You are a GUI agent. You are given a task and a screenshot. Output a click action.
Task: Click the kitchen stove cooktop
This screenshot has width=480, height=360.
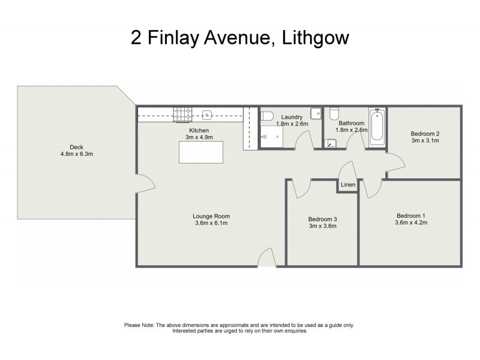(x=181, y=113)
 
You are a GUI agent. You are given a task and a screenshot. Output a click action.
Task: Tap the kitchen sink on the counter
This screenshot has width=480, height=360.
(x=207, y=113)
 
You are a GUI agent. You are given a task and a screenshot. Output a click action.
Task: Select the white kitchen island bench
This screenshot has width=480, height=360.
(x=200, y=152)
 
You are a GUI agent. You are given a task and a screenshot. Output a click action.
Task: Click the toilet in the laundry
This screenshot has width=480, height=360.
(x=268, y=115)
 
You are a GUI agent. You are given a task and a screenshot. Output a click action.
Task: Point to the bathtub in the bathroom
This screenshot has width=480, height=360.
(x=376, y=127)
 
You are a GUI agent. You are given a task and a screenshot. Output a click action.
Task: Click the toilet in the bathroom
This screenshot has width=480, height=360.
(x=334, y=114)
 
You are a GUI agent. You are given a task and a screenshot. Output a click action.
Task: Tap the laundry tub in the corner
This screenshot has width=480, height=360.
(x=316, y=113)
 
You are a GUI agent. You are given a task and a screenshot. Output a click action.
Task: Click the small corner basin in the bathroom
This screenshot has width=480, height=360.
(x=331, y=143)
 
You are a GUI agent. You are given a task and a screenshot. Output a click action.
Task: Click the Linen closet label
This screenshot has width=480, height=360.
(x=348, y=185)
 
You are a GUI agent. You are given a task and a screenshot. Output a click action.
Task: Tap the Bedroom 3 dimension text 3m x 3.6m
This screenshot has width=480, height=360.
(x=322, y=226)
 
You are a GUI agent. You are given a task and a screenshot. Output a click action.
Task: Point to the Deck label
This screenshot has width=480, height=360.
(x=76, y=147)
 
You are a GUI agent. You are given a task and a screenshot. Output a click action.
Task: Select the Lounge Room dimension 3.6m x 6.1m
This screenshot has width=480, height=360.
(x=211, y=223)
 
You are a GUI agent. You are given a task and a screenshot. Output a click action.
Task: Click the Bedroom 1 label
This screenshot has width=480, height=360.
(x=411, y=215)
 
